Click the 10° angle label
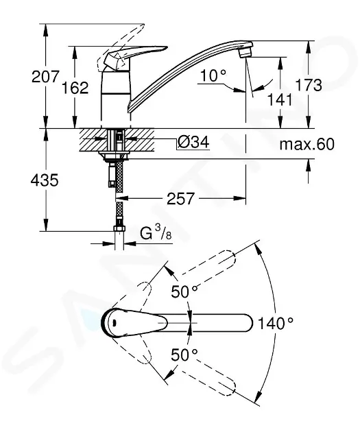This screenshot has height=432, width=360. (x=214, y=75)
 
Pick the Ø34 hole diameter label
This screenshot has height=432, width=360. (x=193, y=143)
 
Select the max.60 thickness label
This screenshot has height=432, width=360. (x=307, y=145)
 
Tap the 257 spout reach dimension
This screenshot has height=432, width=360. (x=180, y=199)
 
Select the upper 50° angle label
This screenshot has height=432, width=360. (x=184, y=290)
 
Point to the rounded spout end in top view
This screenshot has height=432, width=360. (x=243, y=321)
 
